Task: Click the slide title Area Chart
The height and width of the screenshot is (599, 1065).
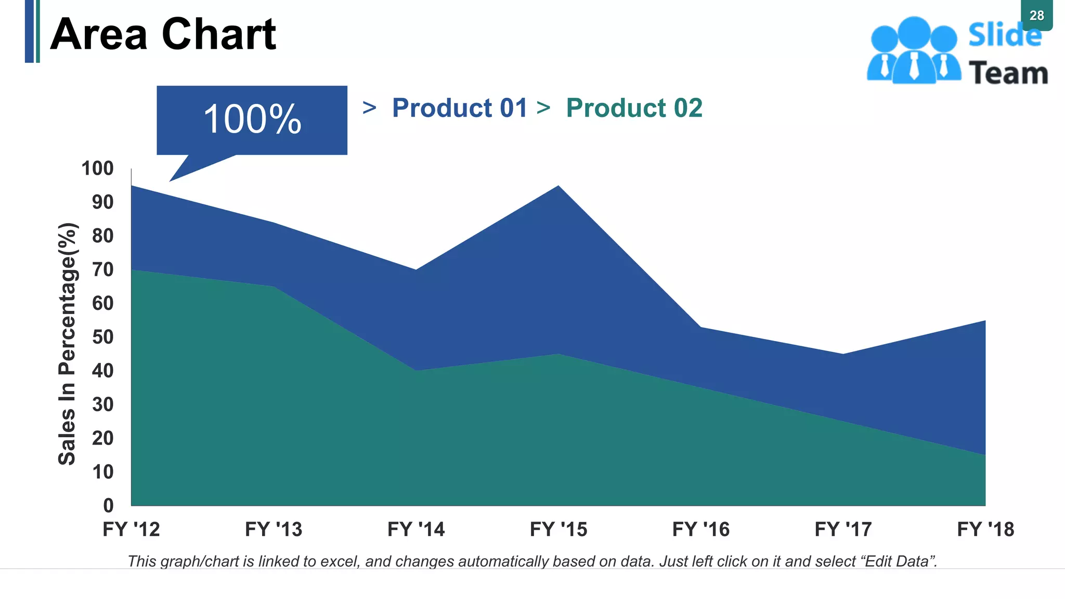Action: pyautogui.click(x=163, y=34)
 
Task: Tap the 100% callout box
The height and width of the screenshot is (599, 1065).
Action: pyautogui.click(x=252, y=120)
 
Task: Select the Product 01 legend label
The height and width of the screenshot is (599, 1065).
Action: pyautogui.click(x=460, y=108)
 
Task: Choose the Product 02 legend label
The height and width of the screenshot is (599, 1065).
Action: pyautogui.click(x=634, y=108)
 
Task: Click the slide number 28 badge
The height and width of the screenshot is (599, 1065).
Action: pyautogui.click(x=1036, y=16)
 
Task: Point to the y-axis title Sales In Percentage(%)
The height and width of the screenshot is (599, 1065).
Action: pyautogui.click(x=68, y=344)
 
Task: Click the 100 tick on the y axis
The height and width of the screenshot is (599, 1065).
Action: pyautogui.click(x=97, y=168)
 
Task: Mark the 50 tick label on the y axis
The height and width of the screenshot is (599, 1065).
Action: pyautogui.click(x=102, y=337)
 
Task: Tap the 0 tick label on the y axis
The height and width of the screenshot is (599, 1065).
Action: pyautogui.click(x=108, y=505)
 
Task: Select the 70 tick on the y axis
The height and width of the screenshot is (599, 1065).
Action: pyautogui.click(x=102, y=269)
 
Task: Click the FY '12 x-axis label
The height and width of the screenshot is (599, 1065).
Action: pyautogui.click(x=131, y=529)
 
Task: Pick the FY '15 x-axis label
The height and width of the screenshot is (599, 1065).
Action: pyautogui.click(x=559, y=529)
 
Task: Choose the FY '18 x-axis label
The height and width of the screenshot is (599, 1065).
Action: pyautogui.click(x=985, y=529)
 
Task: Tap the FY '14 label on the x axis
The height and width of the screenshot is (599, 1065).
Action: pyautogui.click(x=416, y=529)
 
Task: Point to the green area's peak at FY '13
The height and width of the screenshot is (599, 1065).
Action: pyautogui.click(x=274, y=287)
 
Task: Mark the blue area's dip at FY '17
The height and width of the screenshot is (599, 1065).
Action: pyautogui.click(x=843, y=355)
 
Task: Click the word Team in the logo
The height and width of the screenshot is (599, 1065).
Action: pyautogui.click(x=1008, y=73)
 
